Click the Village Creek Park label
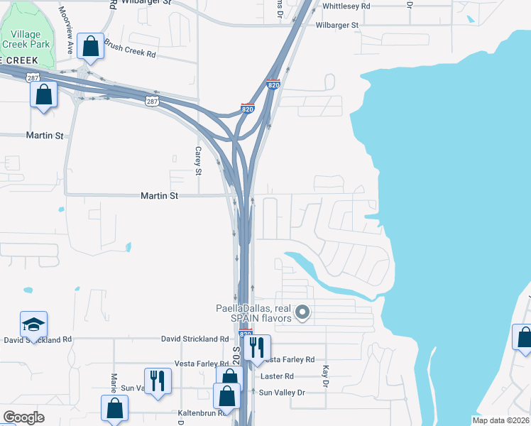point(26,38)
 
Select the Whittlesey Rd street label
point(346,6)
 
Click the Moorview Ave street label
point(66,31)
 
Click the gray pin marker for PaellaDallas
point(303,311)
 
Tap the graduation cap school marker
point(33,324)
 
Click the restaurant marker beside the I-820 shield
point(256,347)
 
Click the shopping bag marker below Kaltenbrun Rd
point(114,408)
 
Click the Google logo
point(23,417)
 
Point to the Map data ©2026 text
point(501,420)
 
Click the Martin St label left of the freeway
point(159,195)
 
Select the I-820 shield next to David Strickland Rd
point(246,334)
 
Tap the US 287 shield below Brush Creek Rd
point(152,102)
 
